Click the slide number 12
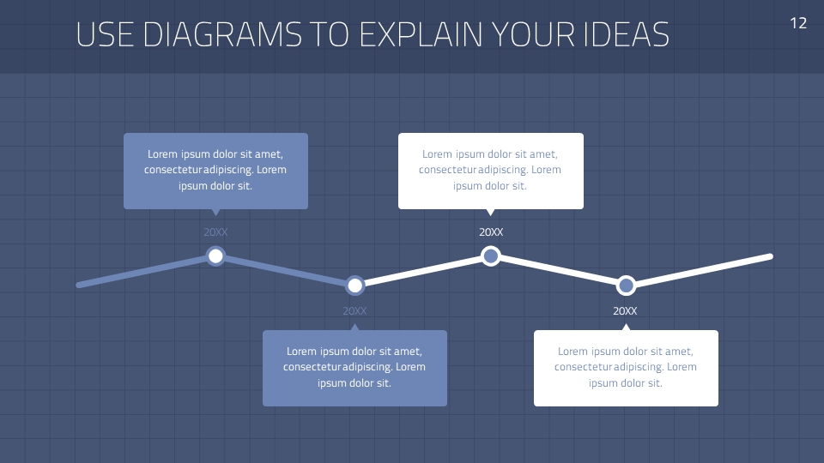[798, 23]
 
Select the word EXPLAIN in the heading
[421, 34]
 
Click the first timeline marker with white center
[215, 256]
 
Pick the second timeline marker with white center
[355, 285]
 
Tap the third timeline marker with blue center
[490, 256]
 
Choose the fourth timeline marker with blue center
[626, 285]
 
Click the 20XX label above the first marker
[215, 232]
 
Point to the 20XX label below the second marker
[354, 311]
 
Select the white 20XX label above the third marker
[491, 232]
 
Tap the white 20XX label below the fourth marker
[626, 311]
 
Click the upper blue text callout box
[215, 171]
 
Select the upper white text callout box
[490, 171]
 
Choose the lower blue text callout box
[354, 368]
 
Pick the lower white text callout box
[626, 368]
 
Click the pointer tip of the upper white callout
[490, 213]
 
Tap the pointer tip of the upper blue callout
[215, 213]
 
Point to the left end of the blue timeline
[80, 285]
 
